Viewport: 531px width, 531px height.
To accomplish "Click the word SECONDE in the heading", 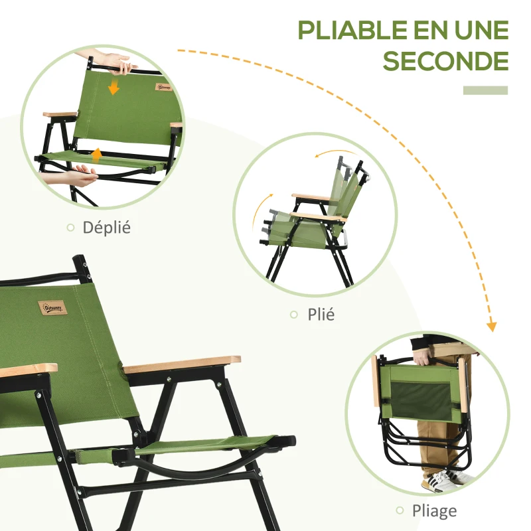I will point(445,61).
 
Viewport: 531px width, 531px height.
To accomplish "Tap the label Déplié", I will point(106,228).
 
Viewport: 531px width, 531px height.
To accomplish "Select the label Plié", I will point(321,315).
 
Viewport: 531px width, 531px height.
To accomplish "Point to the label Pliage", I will point(434,510).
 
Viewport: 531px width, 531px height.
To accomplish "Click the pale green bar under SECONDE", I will point(485,90).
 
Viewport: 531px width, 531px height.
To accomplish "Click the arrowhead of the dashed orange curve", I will point(492,326).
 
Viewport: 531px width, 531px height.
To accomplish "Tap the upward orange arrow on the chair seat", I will point(97,155).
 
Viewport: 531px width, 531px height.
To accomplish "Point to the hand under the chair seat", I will point(73,175).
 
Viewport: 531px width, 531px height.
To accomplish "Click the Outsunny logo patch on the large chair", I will point(52,309).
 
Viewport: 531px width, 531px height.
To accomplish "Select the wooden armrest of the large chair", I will point(182,364).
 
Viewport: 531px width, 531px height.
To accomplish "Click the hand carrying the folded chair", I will point(425,355).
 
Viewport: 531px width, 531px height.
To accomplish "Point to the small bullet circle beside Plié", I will point(293,315).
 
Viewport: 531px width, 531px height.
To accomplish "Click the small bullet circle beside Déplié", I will point(70,228).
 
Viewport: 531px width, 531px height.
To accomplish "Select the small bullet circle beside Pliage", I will point(400,510).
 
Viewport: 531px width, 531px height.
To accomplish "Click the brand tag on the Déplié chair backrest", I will point(164,86).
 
